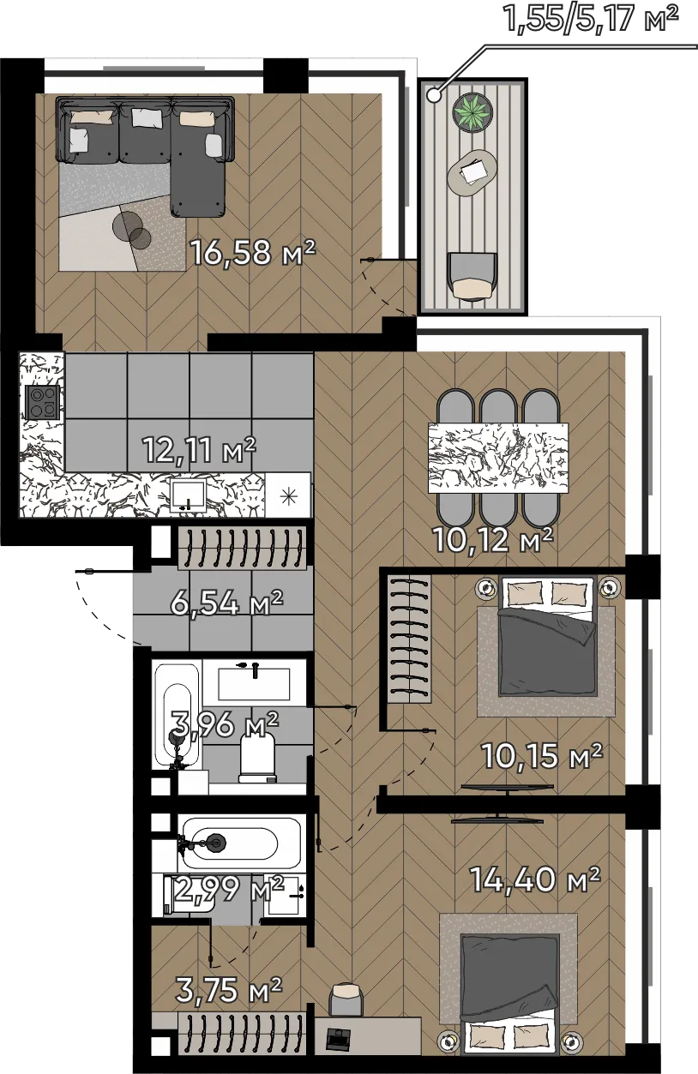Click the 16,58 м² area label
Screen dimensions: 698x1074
(x=253, y=252)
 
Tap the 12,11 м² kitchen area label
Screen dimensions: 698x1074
(x=199, y=450)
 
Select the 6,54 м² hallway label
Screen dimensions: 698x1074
(x=226, y=603)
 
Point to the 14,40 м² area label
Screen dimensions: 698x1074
(x=535, y=879)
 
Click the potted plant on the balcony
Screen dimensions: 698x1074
(x=473, y=111)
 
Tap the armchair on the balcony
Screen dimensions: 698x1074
(x=472, y=276)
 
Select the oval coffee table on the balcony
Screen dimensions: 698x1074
(x=472, y=172)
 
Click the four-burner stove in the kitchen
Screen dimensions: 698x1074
(x=43, y=402)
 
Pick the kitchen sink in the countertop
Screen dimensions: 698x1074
(x=189, y=495)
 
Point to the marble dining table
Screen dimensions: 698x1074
(x=498, y=458)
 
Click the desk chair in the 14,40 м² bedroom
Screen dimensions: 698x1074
(x=345, y=999)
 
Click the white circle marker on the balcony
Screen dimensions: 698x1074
(x=434, y=95)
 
